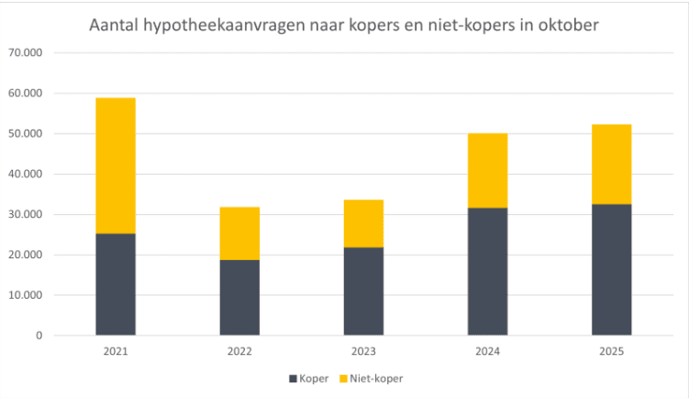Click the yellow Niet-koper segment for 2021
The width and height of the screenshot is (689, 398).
(x=116, y=165)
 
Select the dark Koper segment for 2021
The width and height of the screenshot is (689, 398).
(x=116, y=284)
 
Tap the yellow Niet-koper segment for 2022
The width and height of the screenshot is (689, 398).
(x=239, y=233)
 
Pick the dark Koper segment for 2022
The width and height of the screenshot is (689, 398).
(x=239, y=298)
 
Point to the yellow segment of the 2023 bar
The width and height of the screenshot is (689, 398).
(x=363, y=223)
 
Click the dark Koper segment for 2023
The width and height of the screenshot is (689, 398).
(x=363, y=291)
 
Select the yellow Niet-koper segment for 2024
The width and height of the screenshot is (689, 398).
(x=487, y=171)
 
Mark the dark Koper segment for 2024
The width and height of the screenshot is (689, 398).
(x=487, y=271)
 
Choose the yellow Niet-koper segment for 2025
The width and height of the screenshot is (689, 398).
(x=611, y=164)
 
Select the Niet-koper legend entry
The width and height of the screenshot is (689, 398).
(x=372, y=378)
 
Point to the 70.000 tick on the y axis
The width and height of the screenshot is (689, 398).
(x=25, y=53)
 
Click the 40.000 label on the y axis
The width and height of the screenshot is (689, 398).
(x=25, y=174)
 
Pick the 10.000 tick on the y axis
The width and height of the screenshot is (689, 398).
(x=25, y=295)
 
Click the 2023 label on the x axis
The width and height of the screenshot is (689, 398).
(x=363, y=352)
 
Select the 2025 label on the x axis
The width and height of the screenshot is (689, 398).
(x=611, y=352)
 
